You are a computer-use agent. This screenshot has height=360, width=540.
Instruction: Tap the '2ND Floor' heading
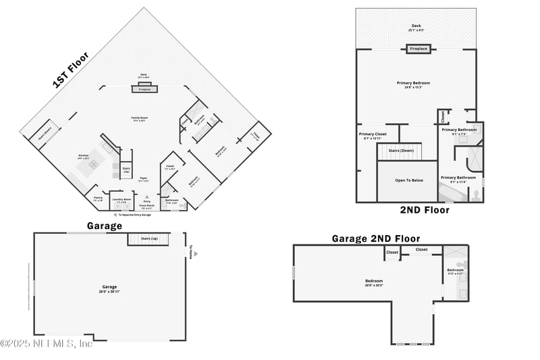(424, 210)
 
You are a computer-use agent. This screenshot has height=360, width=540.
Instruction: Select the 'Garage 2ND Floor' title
(375, 238)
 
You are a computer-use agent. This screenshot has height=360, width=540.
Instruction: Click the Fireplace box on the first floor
(144, 89)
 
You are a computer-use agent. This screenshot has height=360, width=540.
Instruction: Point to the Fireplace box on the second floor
(418, 49)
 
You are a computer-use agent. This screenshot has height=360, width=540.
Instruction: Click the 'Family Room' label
(140, 119)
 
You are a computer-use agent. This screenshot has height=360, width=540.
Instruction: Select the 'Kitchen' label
(84, 157)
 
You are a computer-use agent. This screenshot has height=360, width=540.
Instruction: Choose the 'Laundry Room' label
(122, 200)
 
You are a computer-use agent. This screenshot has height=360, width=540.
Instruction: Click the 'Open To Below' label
(410, 180)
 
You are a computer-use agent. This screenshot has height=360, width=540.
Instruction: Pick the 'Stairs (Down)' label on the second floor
(402, 150)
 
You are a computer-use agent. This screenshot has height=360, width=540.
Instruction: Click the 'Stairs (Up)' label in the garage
(149, 239)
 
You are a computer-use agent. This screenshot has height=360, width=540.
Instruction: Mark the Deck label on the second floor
(416, 27)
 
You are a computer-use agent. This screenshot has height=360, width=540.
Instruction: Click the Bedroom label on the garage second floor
(374, 281)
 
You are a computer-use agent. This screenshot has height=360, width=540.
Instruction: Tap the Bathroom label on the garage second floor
(455, 271)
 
